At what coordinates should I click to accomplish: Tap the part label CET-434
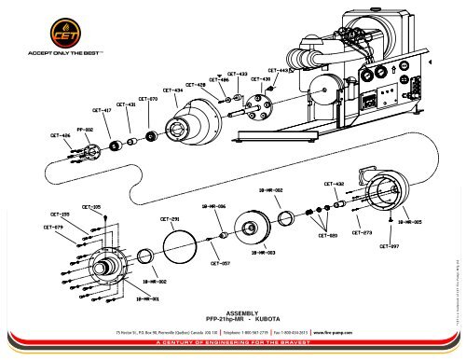[x=171, y=90]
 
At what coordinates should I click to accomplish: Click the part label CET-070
[x=147, y=98]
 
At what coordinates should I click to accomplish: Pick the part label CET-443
[x=279, y=70]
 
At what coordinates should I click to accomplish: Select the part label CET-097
[x=390, y=246]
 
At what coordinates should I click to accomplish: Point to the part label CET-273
[x=362, y=231]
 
